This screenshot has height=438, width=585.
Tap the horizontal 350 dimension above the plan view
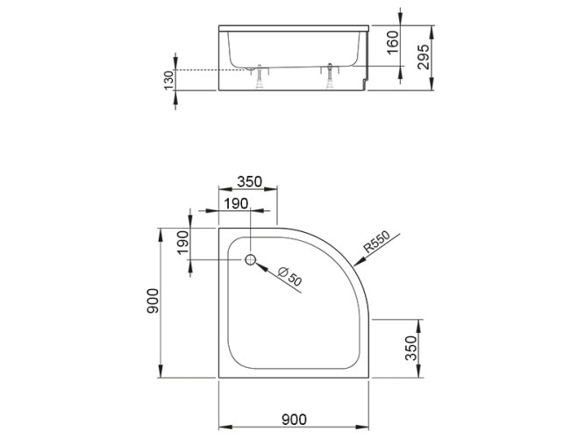pyautogui.click(x=248, y=182)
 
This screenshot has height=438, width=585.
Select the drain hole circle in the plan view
pyautogui.click(x=250, y=260)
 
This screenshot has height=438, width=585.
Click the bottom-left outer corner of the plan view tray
pyautogui.click(x=217, y=378)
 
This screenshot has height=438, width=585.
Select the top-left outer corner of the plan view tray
pyautogui.click(x=217, y=228)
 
